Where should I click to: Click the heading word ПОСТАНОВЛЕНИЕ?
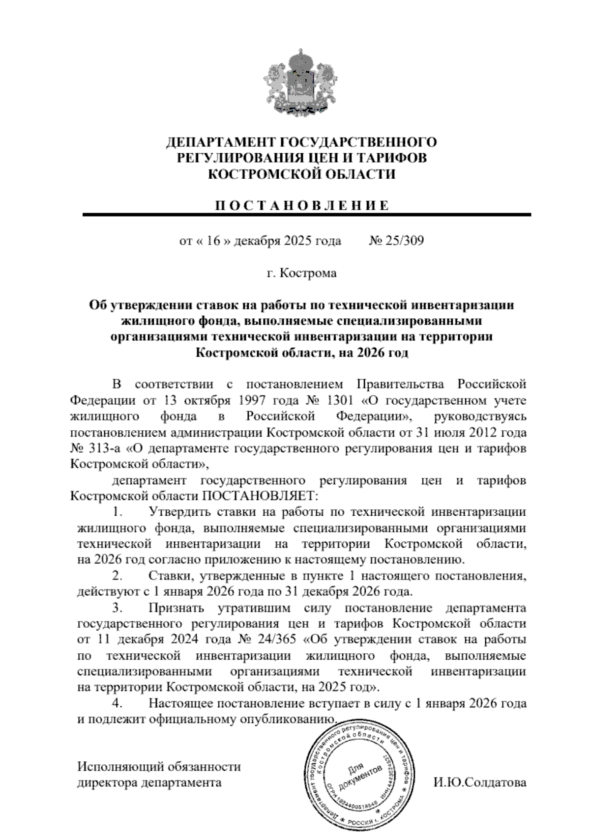[301, 205]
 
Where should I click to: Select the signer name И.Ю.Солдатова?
[480, 782]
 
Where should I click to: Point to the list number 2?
[117, 575]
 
